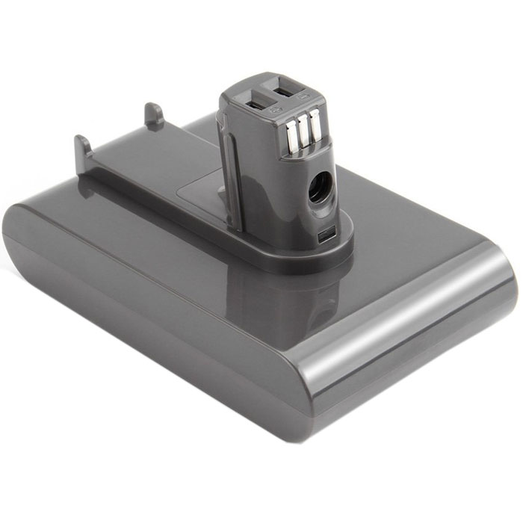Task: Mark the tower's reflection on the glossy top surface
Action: (291, 299)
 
